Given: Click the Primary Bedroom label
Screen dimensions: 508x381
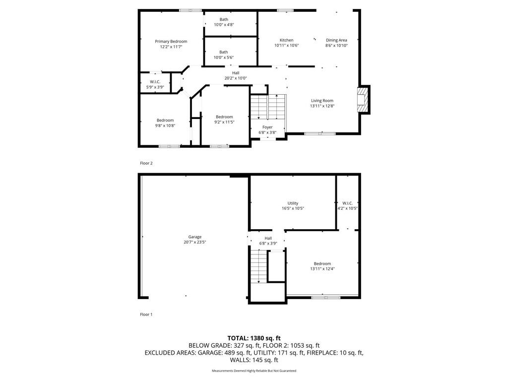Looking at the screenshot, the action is tap(171, 42).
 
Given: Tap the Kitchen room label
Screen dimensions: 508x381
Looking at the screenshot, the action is tap(286, 40).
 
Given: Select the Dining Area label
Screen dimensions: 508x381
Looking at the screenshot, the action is tap(336, 40).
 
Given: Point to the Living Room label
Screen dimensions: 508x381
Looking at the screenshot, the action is tap(322, 100).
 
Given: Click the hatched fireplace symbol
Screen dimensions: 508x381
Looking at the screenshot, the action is tap(363, 100).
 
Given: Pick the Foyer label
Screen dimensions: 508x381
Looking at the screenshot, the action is tap(267, 127).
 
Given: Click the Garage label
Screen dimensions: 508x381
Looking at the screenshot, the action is tap(194, 237).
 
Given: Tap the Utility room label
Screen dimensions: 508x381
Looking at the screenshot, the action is tap(293, 203).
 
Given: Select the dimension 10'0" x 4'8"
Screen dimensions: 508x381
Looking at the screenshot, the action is tap(224, 25).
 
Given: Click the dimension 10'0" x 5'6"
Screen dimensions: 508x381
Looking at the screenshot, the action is tap(224, 58).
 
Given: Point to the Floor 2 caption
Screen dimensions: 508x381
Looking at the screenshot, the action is tap(146, 163).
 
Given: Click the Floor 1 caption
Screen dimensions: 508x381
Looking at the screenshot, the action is tap(146, 314).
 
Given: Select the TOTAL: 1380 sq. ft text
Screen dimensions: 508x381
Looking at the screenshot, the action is tap(254, 338).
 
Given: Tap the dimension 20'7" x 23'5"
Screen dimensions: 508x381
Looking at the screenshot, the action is tap(194, 242).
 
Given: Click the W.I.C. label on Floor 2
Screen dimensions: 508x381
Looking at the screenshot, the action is tap(155, 82).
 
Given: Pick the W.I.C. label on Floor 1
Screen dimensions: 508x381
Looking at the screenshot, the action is tap(347, 203).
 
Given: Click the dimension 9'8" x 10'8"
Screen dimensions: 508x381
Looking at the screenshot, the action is tap(165, 126).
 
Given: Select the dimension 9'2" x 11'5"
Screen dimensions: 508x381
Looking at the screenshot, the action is tap(224, 122).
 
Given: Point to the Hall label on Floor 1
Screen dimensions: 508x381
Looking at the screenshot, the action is tap(268, 238).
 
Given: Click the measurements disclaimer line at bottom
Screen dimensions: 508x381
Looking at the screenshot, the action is tap(254, 371).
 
